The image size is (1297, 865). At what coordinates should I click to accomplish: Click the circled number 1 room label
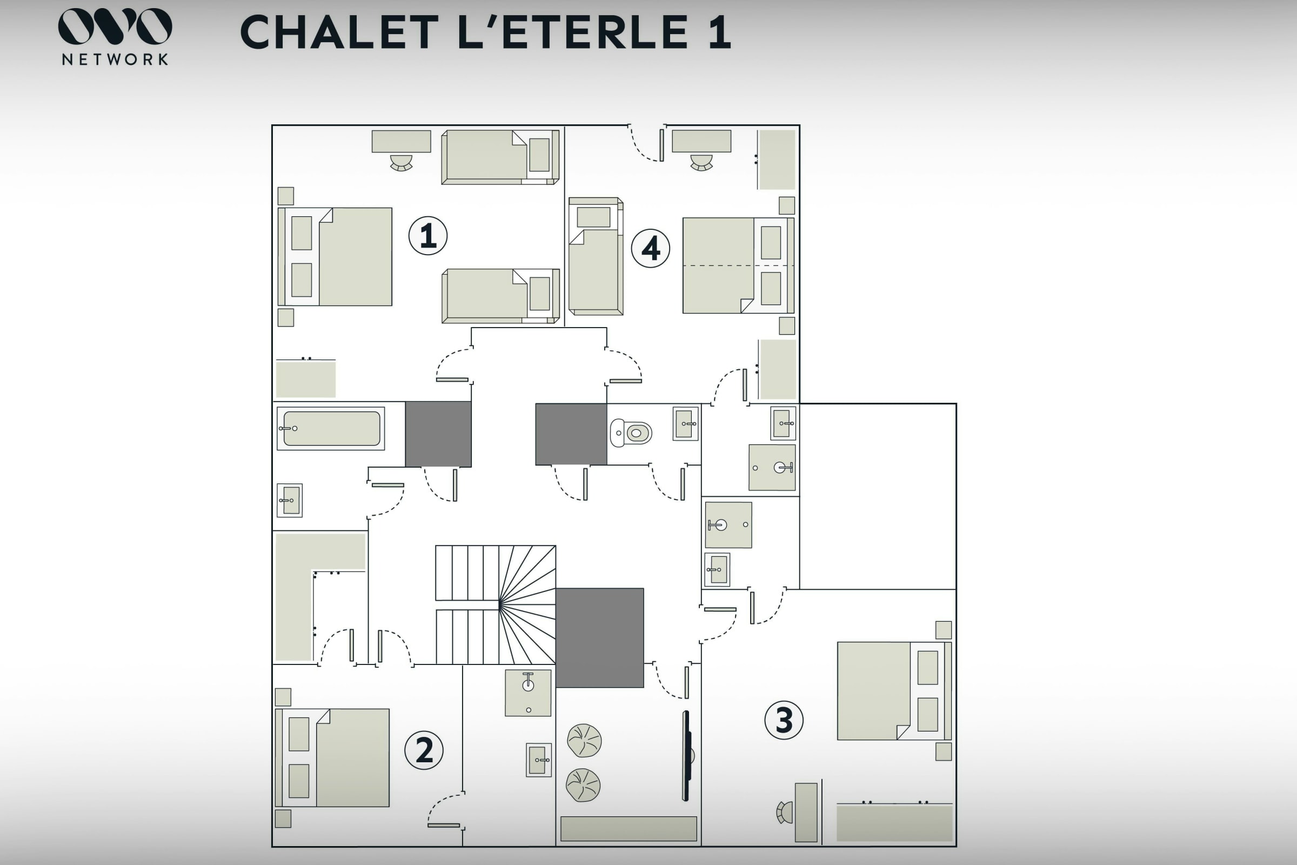pyautogui.click(x=428, y=236)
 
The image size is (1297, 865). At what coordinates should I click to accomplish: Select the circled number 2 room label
pyautogui.click(x=424, y=750)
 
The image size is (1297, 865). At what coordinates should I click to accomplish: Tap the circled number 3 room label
pyautogui.click(x=784, y=720)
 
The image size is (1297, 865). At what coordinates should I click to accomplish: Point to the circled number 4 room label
pyautogui.click(x=651, y=248)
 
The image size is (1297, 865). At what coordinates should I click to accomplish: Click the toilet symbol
pyautogui.click(x=631, y=433)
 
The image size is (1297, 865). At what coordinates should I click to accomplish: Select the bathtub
pyautogui.click(x=331, y=429)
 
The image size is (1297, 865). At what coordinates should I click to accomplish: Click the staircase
pyautogui.click(x=496, y=604)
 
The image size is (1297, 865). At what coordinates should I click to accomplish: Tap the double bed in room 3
pyautogui.click(x=894, y=691)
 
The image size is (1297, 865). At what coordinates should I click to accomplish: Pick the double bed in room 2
pyautogui.click(x=332, y=758)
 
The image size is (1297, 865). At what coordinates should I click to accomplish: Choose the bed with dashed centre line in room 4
pyautogui.click(x=738, y=265)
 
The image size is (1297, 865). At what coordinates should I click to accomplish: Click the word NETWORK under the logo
pyautogui.click(x=115, y=59)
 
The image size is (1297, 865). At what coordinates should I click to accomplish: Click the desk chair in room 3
pyautogui.click(x=784, y=813)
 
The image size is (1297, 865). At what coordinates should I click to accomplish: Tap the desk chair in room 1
pyautogui.click(x=402, y=163)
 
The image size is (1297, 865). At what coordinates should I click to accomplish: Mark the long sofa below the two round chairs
pyautogui.click(x=629, y=829)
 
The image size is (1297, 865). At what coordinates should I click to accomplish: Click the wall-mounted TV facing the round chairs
pyautogui.click(x=687, y=756)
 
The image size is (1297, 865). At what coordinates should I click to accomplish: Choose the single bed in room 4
pyautogui.click(x=596, y=256)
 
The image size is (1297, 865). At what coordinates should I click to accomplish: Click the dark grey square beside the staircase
pyautogui.click(x=600, y=638)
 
